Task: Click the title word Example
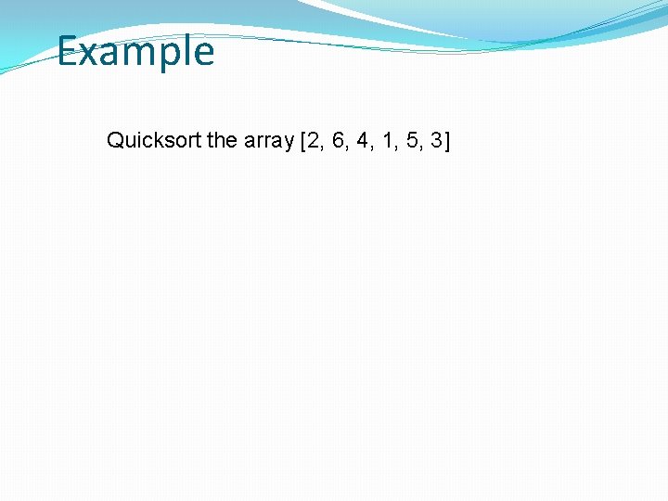click(135, 51)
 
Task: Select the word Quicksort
click(154, 141)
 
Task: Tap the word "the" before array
click(223, 141)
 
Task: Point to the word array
click(268, 141)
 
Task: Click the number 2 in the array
click(312, 141)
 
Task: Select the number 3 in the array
click(437, 141)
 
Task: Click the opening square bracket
click(302, 141)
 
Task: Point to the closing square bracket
click(447, 141)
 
